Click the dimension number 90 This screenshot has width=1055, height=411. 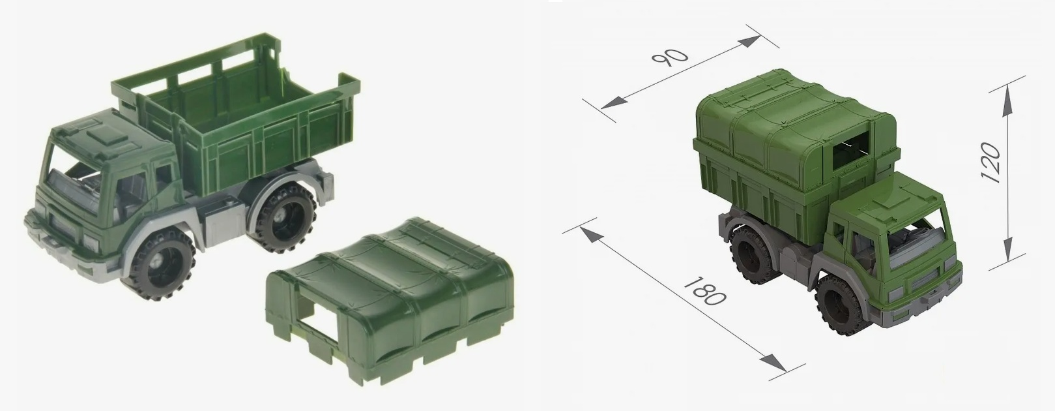[670, 57]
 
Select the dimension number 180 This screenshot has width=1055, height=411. [704, 291]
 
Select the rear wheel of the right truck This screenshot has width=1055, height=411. [753, 254]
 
